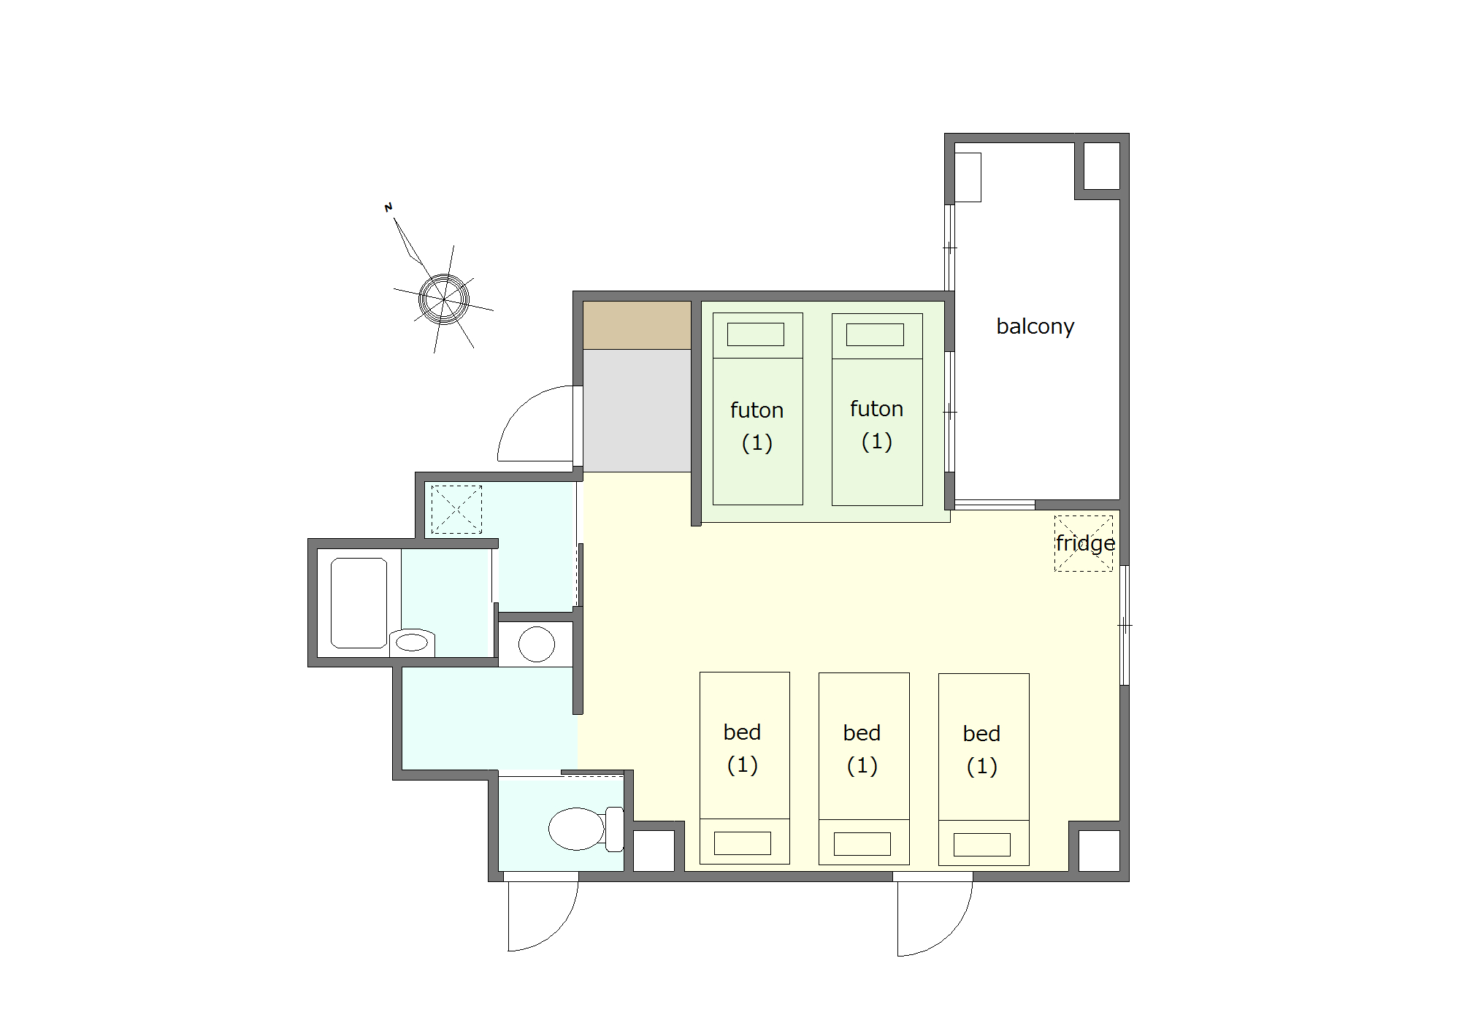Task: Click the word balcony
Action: tap(1035, 326)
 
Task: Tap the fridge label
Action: tap(1085, 544)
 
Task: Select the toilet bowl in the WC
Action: tap(576, 829)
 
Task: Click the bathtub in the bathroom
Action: tap(359, 603)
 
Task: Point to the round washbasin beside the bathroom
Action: tap(537, 644)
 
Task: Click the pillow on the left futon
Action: tap(756, 334)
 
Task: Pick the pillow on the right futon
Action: tap(875, 334)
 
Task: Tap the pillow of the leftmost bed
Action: tap(743, 843)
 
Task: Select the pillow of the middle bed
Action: tap(862, 844)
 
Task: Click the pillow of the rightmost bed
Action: tap(982, 845)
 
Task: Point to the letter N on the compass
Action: tap(388, 207)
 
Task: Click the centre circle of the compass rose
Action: tap(444, 299)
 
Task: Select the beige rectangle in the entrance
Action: tap(637, 325)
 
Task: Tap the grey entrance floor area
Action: tap(637, 410)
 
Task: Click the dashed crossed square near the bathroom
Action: tap(456, 510)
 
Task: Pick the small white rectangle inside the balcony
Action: tap(968, 177)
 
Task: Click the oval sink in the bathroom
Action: tap(411, 642)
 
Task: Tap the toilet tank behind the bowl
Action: tap(615, 829)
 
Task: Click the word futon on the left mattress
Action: tap(757, 410)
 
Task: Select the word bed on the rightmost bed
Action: tap(981, 734)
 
